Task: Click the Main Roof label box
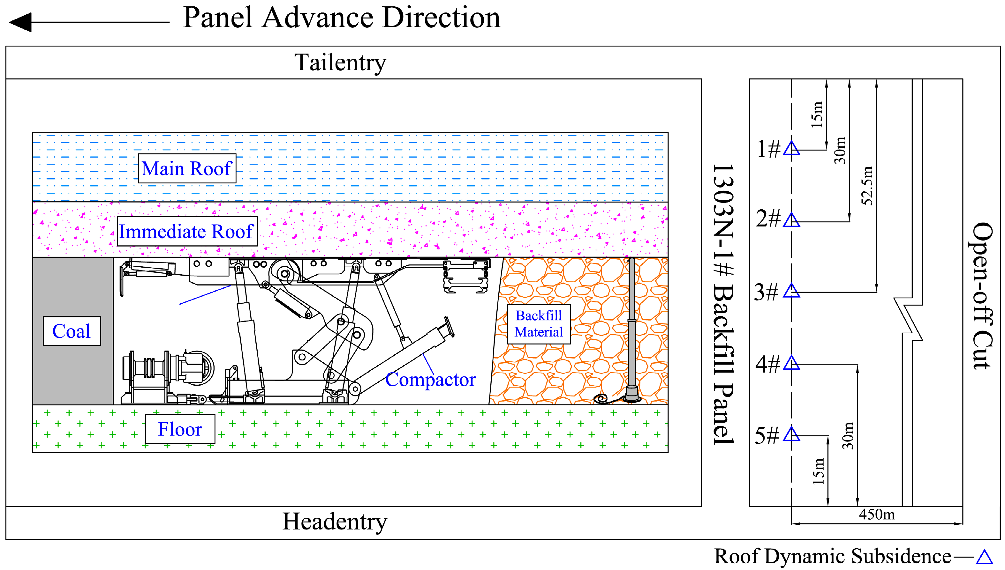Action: point(187,168)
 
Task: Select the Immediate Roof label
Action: point(187,231)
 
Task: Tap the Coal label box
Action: point(72,331)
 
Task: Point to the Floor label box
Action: point(180,429)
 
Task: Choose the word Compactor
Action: point(430,379)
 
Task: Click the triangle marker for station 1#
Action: point(791,149)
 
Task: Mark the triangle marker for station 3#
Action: point(791,291)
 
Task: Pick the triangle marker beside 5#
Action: point(791,434)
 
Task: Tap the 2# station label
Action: point(767,218)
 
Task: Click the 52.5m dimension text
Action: point(867,186)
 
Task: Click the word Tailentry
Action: point(340,63)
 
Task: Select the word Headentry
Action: point(335,522)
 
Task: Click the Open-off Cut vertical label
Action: point(982,296)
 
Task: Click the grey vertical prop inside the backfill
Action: point(631,329)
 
